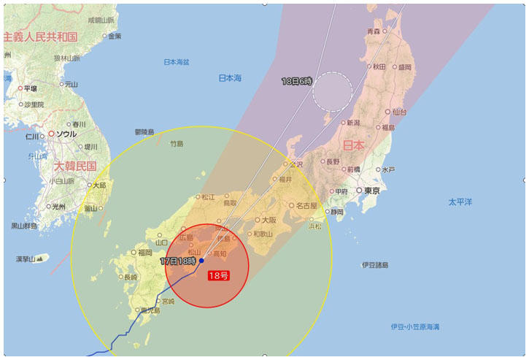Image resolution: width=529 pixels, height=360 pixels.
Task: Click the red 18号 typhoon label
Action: coord(219,275)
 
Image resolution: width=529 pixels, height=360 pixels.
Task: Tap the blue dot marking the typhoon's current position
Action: coord(201,261)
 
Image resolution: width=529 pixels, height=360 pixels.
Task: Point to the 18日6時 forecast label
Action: coord(297,81)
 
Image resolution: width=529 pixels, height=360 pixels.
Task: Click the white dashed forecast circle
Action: coord(332,91)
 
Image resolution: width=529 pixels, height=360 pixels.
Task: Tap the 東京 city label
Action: coord(371,191)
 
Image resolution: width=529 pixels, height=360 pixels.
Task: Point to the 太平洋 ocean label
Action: coord(460,201)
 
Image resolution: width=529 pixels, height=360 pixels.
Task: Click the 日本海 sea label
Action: coord(230,78)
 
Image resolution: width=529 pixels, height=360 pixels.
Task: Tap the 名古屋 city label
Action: coord(306,206)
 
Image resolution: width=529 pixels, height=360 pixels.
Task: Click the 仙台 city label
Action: coord(399,112)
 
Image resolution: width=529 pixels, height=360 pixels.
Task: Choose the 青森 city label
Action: coord(374,31)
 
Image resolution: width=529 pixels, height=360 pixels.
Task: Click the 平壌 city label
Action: coord(31,88)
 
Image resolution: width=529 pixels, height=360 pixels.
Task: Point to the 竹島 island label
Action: coord(177,144)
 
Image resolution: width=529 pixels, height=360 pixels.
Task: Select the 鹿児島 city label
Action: coord(150,310)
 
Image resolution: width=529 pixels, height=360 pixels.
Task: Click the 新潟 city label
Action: coord(352,123)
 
